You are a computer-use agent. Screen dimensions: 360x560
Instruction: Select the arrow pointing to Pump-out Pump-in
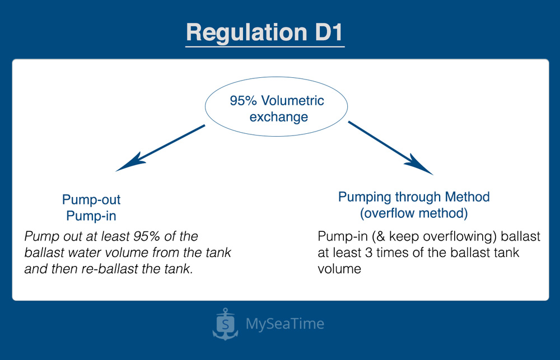(x=160, y=148)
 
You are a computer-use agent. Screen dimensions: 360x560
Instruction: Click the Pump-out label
(x=91, y=200)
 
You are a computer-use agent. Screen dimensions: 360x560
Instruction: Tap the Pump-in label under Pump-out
(x=91, y=216)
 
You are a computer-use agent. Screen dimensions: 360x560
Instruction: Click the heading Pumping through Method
(x=414, y=197)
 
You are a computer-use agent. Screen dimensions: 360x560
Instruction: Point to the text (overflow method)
(x=414, y=213)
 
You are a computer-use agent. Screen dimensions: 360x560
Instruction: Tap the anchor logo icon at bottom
(x=225, y=324)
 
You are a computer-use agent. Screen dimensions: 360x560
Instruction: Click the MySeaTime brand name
(x=284, y=324)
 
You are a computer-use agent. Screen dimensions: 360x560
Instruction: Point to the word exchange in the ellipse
(x=278, y=117)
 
